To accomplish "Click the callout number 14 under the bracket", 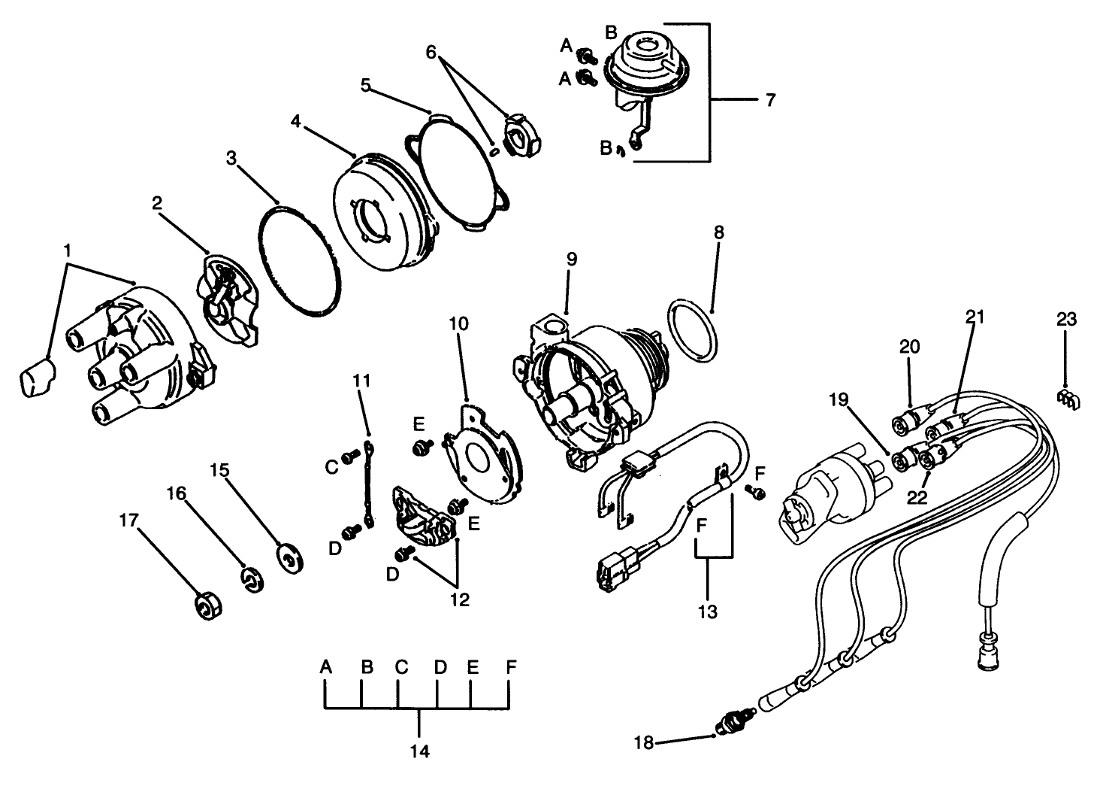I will click(x=420, y=751).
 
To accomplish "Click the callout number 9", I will click(x=571, y=259).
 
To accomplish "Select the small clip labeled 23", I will click(x=1068, y=401).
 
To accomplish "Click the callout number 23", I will click(x=1066, y=319).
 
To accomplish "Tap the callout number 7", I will click(x=770, y=99).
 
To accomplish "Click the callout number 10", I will click(x=459, y=323).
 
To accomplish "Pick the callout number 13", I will click(x=708, y=611).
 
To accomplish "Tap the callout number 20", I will click(x=909, y=346).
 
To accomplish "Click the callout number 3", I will click(x=231, y=158).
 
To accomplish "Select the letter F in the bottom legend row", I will click(x=511, y=666).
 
